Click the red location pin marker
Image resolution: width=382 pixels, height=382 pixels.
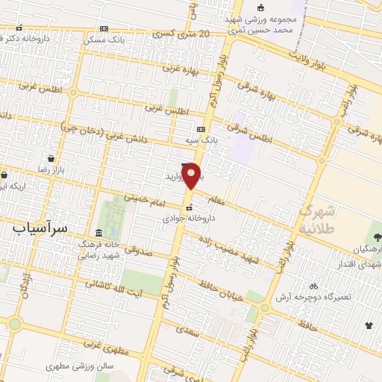tap(192, 175)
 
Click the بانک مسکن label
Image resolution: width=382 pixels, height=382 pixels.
tap(107, 38)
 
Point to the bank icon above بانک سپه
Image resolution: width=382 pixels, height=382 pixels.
tap(200, 129)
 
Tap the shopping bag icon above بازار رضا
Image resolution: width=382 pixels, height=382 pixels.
tap(50, 159)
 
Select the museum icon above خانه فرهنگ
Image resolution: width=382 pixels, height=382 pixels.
tap(99, 232)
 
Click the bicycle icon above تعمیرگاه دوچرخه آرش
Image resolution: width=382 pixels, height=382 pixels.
tap(313, 285)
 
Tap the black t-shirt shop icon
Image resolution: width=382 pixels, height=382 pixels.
tap(368, 325)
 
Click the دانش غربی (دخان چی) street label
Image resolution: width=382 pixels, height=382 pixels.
tap(104, 134)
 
